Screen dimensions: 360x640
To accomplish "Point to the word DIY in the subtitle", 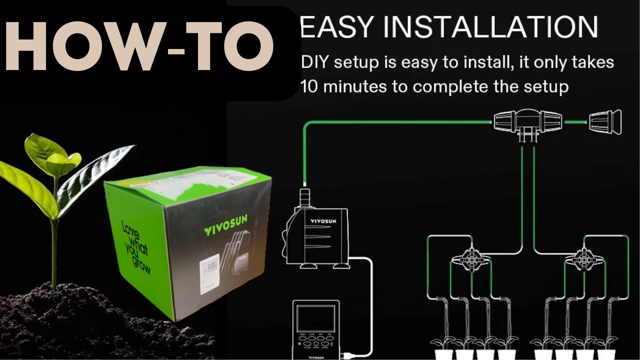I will [314, 63].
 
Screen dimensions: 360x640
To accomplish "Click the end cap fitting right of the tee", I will [605, 121].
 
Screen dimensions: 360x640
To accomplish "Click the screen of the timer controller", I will [316, 320].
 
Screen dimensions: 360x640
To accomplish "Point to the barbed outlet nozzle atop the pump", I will [303, 195].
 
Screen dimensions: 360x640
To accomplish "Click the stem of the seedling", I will [54, 240].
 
